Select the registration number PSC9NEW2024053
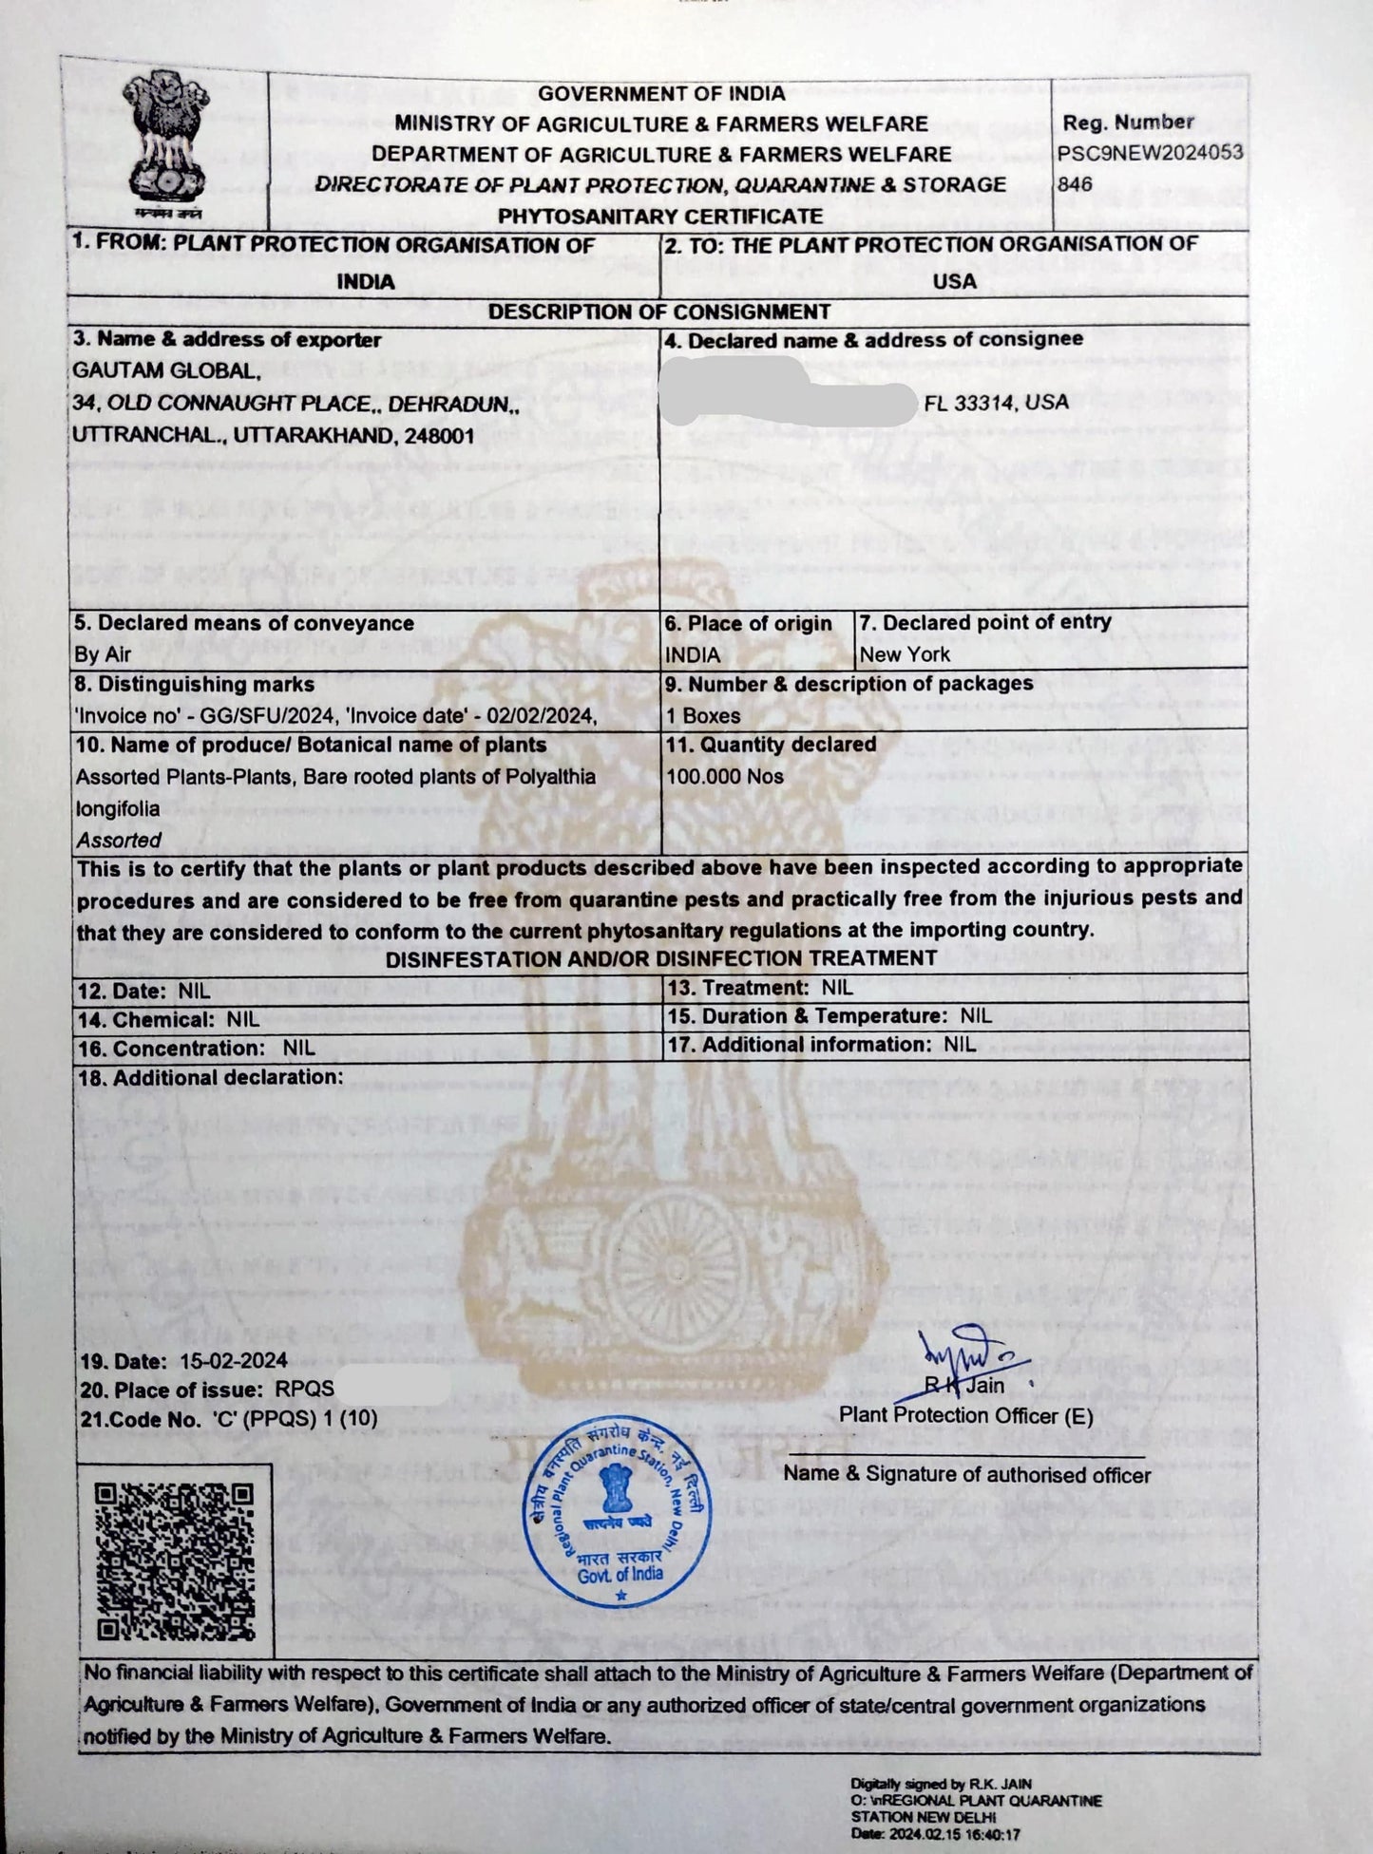pos(1151,153)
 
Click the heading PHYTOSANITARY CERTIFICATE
pos(660,216)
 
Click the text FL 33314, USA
pos(996,402)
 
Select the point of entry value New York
pos(905,654)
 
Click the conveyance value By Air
pos(103,654)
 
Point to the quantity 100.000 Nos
pos(725,776)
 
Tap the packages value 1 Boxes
pos(703,715)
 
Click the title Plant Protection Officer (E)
pos(965,1415)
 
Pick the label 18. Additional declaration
pos(208,1077)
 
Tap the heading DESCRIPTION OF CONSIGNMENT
pos(658,312)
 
